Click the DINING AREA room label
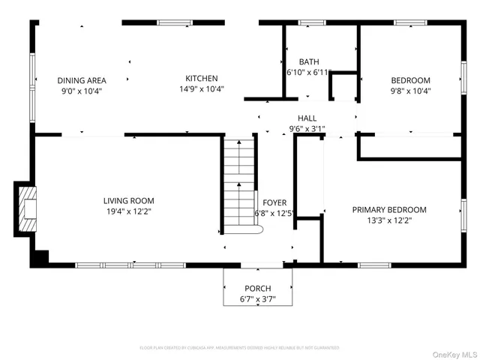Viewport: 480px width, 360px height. click(x=82, y=80)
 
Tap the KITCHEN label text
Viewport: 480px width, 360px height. click(x=202, y=78)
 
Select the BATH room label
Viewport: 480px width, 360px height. click(x=309, y=61)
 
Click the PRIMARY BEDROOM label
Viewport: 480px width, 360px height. click(x=389, y=210)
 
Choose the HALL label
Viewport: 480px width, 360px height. click(x=307, y=118)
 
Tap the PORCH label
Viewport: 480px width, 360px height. click(x=257, y=289)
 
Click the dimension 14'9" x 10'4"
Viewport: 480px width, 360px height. click(x=202, y=89)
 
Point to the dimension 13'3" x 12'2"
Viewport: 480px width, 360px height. click(x=389, y=220)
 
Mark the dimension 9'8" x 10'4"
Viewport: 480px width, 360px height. click(x=410, y=91)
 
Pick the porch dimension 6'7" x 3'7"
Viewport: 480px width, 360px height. click(x=257, y=299)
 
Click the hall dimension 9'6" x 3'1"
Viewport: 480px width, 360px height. click(x=307, y=128)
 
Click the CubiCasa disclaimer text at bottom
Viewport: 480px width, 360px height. click(x=239, y=348)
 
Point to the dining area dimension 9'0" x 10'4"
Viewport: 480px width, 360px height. click(x=82, y=91)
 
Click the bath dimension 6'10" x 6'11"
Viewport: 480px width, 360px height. click(x=309, y=73)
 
